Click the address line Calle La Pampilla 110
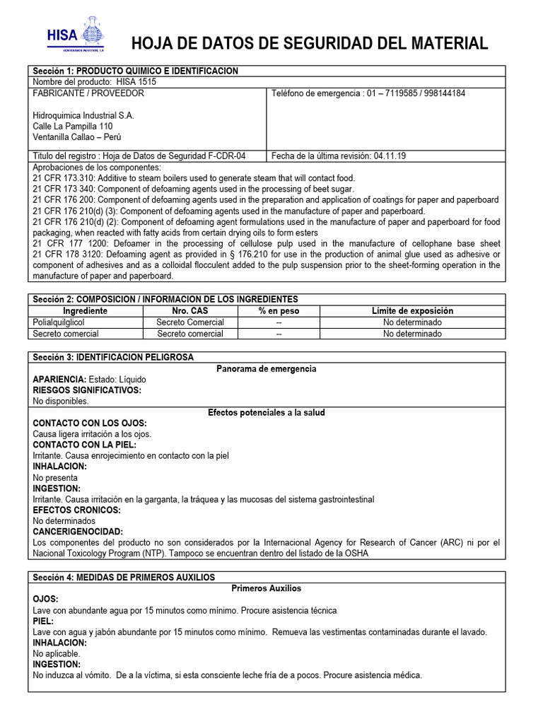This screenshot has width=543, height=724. point(73,126)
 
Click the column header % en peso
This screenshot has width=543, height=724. point(279,311)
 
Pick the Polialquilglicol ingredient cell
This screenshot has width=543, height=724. point(64,322)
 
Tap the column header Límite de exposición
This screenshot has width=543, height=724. point(412,311)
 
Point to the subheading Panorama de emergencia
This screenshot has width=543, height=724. point(266,369)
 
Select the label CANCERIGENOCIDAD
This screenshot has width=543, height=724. point(78,532)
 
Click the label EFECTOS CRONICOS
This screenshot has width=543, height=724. point(76,510)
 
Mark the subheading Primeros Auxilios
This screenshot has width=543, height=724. point(266,588)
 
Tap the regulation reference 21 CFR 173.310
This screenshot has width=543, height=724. point(66,178)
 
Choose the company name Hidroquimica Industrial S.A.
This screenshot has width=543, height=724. point(83,115)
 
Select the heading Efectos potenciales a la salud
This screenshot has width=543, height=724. point(266,412)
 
